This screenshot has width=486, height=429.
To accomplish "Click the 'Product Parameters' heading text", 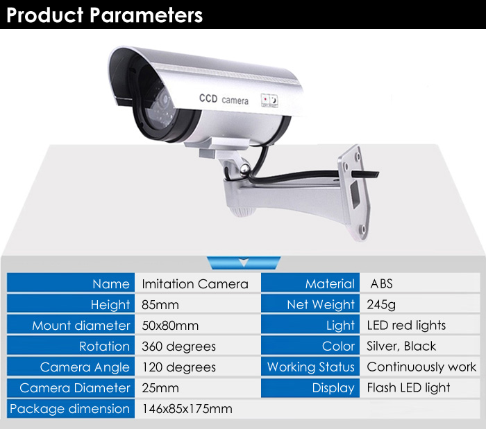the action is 104,15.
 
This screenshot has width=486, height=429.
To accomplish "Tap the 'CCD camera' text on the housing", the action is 224,99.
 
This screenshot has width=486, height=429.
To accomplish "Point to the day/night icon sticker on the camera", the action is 269,100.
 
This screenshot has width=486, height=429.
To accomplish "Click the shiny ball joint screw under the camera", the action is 245,168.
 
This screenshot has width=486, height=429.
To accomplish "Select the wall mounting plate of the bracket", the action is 354,192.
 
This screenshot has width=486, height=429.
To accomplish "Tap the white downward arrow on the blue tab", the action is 244,262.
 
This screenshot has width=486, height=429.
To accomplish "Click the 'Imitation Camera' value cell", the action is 195,284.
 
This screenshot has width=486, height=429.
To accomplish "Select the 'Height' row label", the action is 110,305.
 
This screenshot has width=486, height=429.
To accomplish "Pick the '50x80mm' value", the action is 170,326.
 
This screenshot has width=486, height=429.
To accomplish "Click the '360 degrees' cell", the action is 178,347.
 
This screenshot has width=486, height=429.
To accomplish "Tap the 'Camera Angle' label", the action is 85,367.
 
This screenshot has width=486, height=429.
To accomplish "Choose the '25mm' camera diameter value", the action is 160,388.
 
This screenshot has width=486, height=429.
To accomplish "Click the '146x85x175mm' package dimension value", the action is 187,409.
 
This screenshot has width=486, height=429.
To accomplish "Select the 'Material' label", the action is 330,284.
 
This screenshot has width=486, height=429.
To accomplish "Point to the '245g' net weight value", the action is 381,305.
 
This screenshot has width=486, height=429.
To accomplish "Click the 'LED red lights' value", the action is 406,325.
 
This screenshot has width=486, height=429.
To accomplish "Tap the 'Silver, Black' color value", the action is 401,346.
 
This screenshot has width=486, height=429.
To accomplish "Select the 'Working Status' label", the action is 310,367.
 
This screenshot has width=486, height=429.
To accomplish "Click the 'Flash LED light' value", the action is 408,388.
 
